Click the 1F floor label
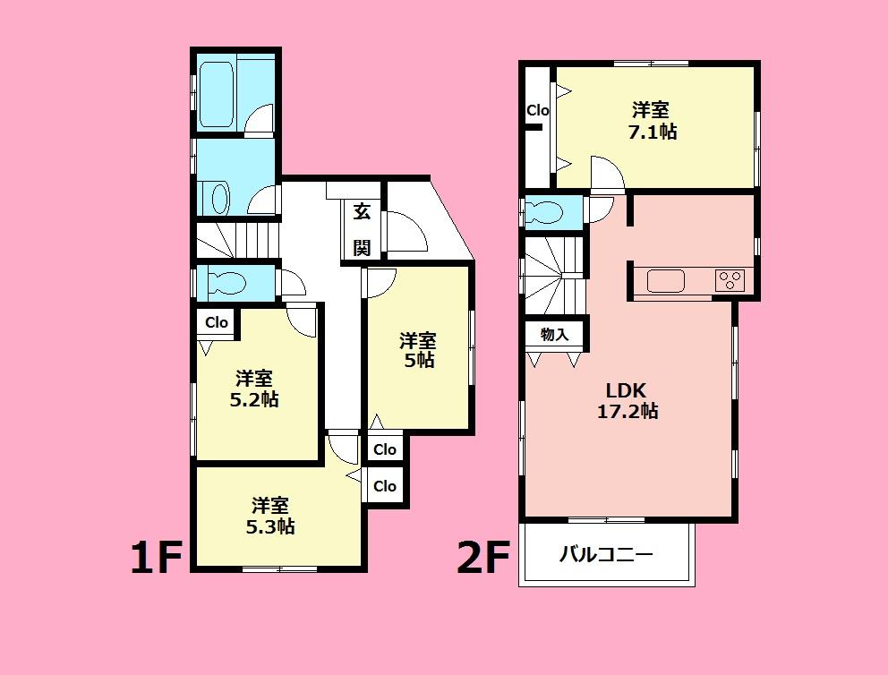pos(158,559)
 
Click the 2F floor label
pos(483,559)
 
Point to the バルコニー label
pos(606,554)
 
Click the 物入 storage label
pos(554,335)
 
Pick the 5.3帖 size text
pos(270,527)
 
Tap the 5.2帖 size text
pos(254,399)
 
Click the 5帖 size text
pos(418,361)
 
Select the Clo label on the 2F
pos(537,111)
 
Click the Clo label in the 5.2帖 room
pos(217,322)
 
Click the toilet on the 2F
pos(545,213)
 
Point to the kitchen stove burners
pos(730,280)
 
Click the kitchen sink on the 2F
pos(665,281)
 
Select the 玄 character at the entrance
pos(362,212)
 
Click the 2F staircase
pos(553,274)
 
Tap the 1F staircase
pos(237,240)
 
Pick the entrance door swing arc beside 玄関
pos(407,231)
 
